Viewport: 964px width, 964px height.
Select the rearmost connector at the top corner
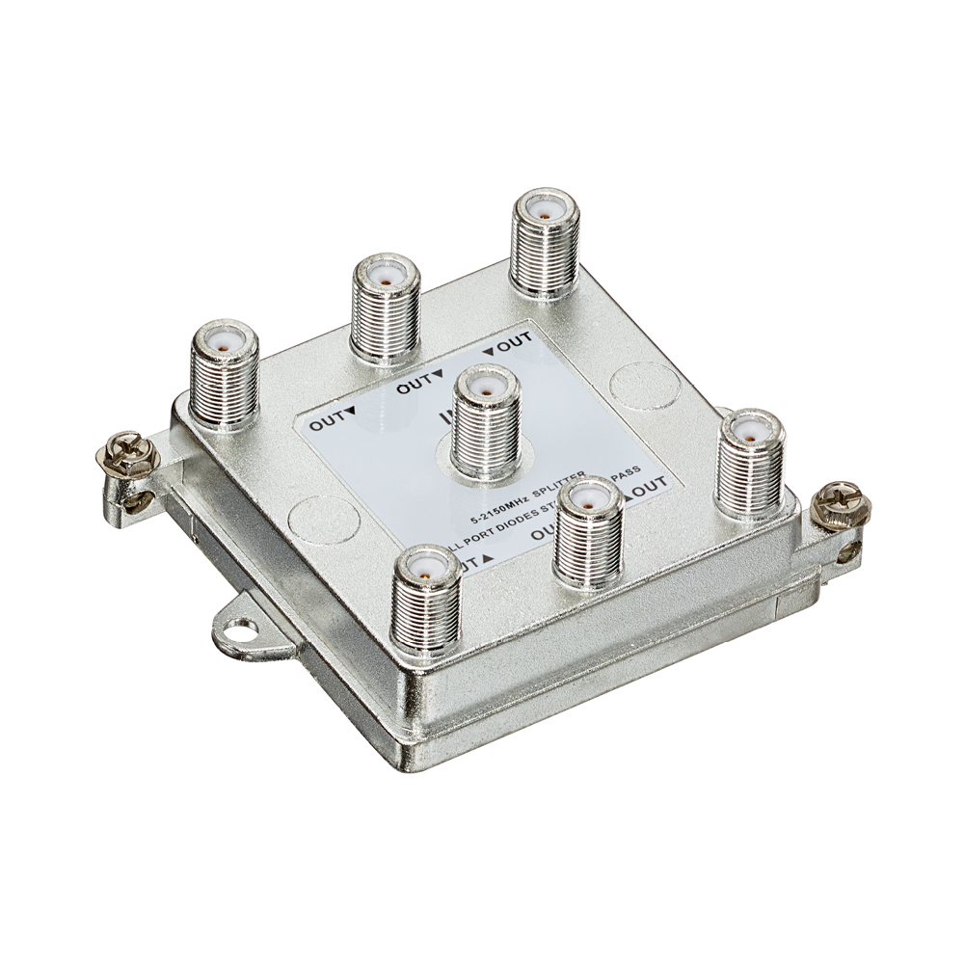[546, 241]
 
